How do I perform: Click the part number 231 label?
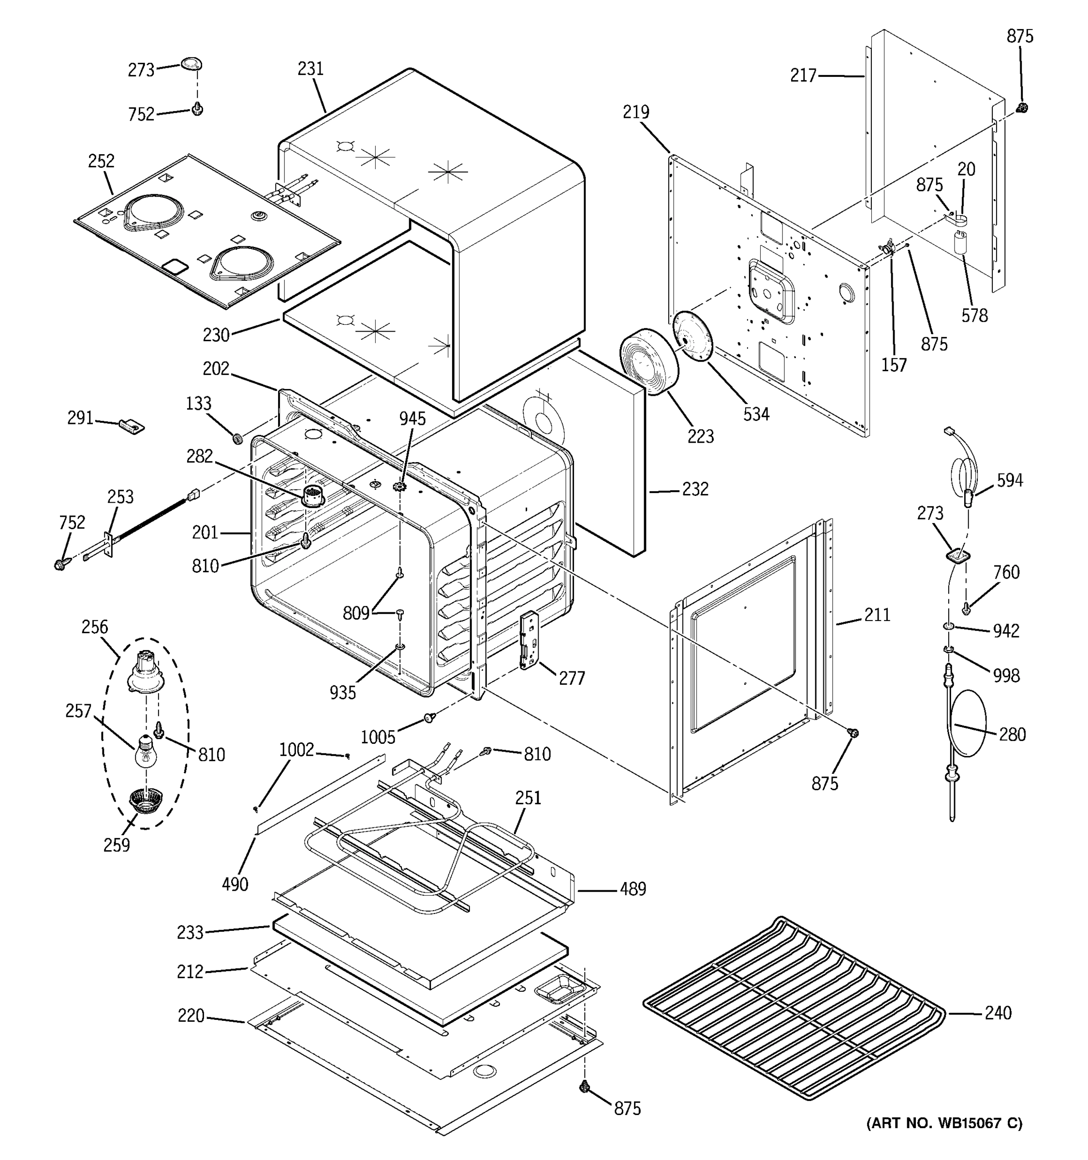(x=310, y=69)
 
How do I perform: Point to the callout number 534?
(x=756, y=414)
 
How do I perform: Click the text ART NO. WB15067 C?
(x=944, y=1123)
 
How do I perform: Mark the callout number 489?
(x=632, y=889)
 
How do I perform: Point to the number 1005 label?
(x=378, y=738)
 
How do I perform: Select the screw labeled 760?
(x=967, y=609)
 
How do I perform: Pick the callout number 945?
(x=412, y=419)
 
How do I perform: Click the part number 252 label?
(x=101, y=161)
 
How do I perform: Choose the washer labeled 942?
(x=948, y=627)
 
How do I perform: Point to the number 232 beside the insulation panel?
(x=695, y=489)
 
